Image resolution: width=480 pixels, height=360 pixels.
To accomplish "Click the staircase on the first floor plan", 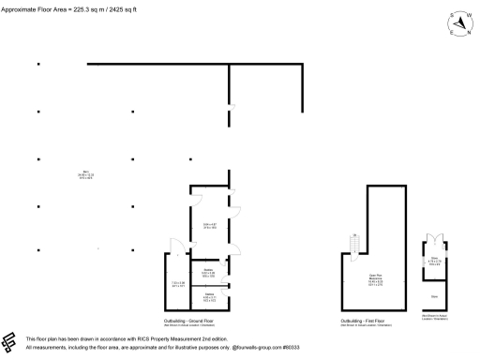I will (x=354, y=246).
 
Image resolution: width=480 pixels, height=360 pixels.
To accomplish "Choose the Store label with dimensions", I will (x=435, y=259).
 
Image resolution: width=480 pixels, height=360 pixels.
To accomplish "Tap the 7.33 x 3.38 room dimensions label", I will (x=177, y=284).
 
